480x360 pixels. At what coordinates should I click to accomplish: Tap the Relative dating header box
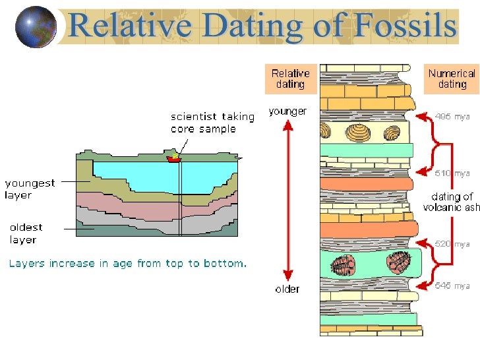(290, 79)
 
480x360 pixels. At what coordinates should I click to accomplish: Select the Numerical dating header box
(452, 79)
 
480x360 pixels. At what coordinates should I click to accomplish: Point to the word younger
(287, 112)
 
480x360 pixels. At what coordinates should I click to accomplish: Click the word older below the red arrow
(287, 289)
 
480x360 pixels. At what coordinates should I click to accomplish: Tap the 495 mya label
(452, 117)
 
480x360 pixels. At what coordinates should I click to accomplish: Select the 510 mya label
(452, 173)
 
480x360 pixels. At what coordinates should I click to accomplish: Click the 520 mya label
(452, 244)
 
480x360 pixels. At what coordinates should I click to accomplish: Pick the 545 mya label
(452, 285)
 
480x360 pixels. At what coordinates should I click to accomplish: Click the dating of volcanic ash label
(452, 202)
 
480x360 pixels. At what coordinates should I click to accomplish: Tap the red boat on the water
(174, 158)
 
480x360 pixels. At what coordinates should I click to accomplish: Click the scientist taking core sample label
(212, 123)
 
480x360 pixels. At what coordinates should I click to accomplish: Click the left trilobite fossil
(343, 266)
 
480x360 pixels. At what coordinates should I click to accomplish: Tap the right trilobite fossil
(399, 262)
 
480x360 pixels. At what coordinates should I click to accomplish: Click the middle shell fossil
(360, 133)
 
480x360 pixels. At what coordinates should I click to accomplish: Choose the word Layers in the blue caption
(25, 264)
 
